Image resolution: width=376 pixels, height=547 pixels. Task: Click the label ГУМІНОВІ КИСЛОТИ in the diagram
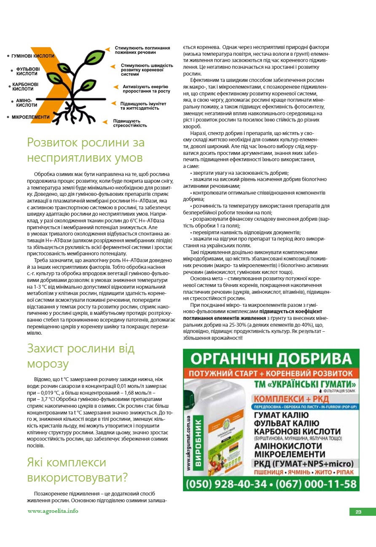33,56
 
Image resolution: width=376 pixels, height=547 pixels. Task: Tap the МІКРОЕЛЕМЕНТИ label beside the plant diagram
30,117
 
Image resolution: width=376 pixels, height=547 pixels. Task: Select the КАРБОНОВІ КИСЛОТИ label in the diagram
25,87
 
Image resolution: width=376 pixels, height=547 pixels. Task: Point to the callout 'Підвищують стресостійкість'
130,123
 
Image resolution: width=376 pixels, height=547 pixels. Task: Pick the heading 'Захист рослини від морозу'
81,356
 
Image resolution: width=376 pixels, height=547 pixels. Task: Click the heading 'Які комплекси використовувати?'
78,470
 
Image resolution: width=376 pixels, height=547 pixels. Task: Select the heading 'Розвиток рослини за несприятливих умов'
86,150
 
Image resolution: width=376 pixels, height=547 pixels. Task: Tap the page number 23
358,512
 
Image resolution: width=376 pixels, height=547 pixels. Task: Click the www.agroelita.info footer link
53,511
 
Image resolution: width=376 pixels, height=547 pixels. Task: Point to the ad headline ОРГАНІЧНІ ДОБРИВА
271,358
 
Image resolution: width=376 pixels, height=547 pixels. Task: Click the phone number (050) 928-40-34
227,484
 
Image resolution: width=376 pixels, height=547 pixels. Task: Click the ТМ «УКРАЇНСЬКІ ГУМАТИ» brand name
306,385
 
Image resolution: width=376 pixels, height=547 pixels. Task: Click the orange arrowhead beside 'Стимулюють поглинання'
108,50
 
